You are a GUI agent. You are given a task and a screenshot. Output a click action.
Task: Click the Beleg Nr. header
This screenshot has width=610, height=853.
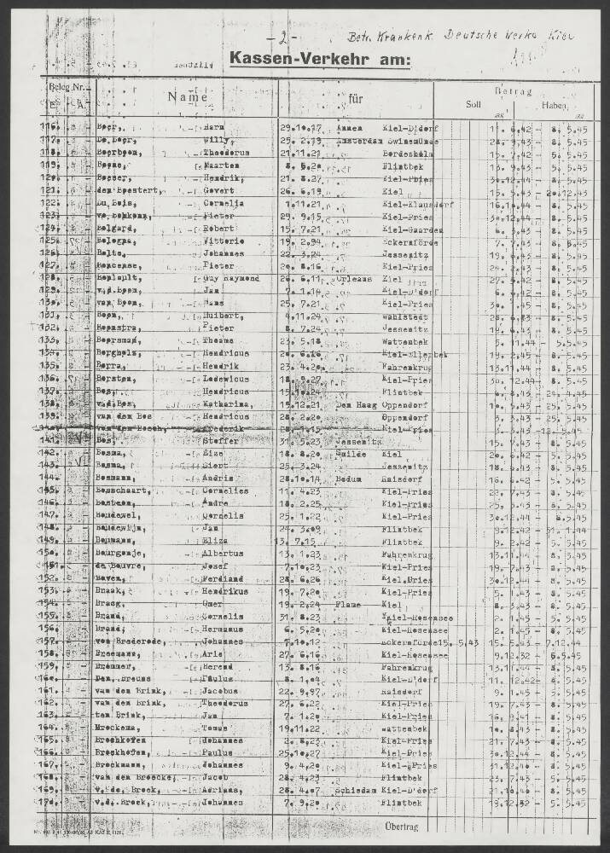[x=66, y=87]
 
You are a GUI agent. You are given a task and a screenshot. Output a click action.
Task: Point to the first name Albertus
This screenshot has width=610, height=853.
[x=224, y=554]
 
